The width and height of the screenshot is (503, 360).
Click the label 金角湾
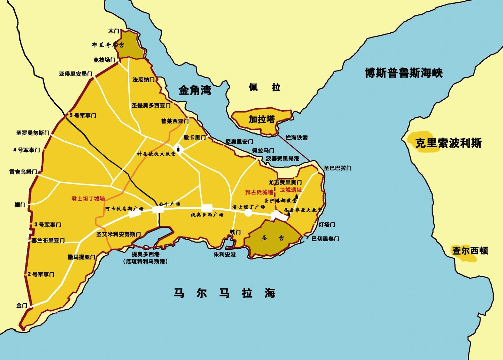(x=195, y=90)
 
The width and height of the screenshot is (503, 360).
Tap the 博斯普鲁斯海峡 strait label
(x=404, y=73)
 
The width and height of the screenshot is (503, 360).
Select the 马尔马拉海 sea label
(x=224, y=293)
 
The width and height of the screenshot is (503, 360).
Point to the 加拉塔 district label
(x=262, y=119)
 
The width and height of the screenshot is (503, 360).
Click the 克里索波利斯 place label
(x=448, y=143)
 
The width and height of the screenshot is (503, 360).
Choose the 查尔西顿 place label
(x=470, y=250)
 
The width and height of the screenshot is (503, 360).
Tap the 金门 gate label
(x=22, y=305)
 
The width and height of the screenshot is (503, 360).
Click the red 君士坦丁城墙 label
(x=88, y=199)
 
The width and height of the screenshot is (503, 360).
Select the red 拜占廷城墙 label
(x=259, y=192)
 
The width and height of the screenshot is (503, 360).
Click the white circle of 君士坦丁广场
(x=248, y=213)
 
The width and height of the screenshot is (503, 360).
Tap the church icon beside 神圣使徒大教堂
(x=178, y=149)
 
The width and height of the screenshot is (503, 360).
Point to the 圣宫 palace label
(x=273, y=238)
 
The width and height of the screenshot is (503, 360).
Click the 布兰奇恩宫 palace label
(x=108, y=45)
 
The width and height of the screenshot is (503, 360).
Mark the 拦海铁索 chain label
(x=296, y=138)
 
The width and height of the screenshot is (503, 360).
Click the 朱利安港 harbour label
(x=225, y=254)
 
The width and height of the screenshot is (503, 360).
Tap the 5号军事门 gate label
(x=83, y=115)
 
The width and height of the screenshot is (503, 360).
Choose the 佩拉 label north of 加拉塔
(x=264, y=88)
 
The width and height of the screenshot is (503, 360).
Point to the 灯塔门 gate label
(x=327, y=224)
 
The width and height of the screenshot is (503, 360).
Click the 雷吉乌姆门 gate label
(x=23, y=172)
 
